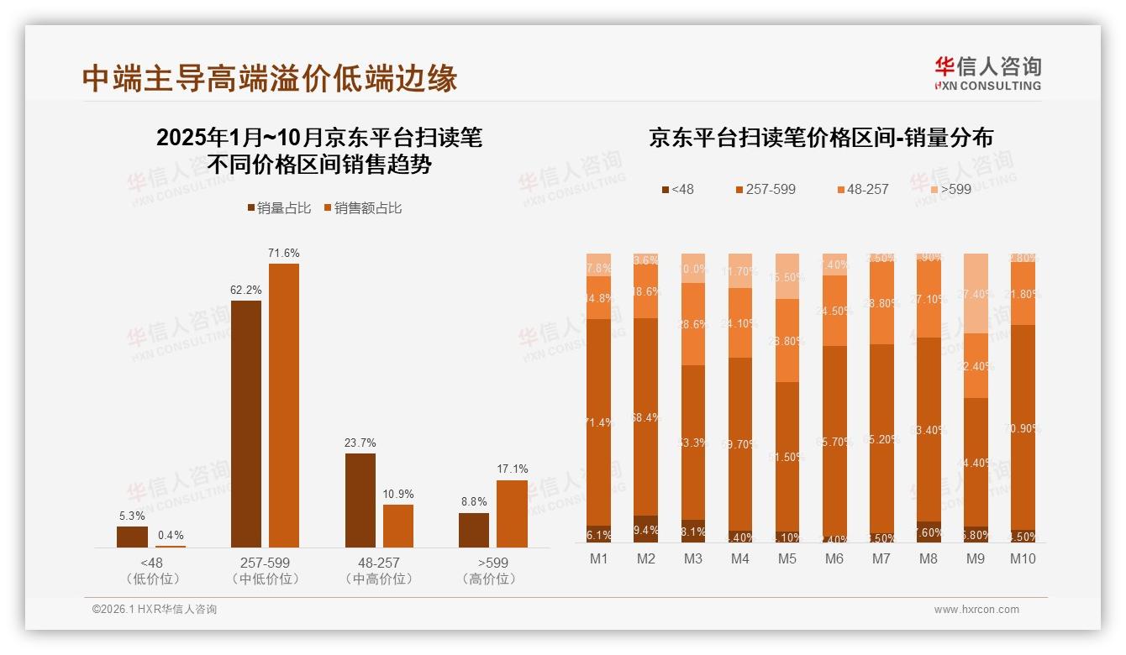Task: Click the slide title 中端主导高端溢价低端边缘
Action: pyautogui.click(x=270, y=78)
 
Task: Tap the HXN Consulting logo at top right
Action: pyautogui.click(x=987, y=74)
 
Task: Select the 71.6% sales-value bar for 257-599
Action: pyautogui.click(x=284, y=406)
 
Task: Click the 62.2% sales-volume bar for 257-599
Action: pyautogui.click(x=246, y=424)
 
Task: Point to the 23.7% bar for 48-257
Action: pyautogui.click(x=360, y=500)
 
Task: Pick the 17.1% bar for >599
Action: pyautogui.click(x=512, y=514)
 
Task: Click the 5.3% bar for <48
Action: pyautogui.click(x=132, y=537)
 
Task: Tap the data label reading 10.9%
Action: pyautogui.click(x=398, y=494)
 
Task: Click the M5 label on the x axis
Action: pyautogui.click(x=787, y=558)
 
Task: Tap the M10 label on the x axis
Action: pyautogui.click(x=1023, y=558)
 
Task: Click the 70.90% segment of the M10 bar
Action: pyautogui.click(x=1023, y=427)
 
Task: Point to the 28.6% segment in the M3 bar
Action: pyautogui.click(x=693, y=324)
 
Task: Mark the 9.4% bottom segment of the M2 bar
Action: pyautogui.click(x=646, y=529)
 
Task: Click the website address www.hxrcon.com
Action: pyautogui.click(x=976, y=610)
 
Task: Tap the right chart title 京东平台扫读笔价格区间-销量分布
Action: pyautogui.click(x=820, y=138)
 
